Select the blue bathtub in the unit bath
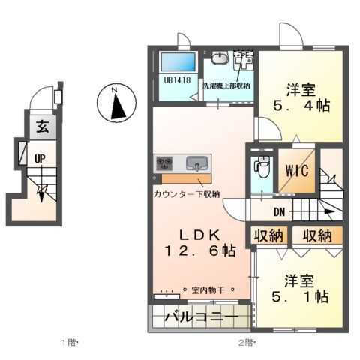pyautogui.click(x=177, y=62)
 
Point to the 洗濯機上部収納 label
pyautogui.click(x=226, y=85)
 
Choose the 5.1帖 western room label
pyautogui.click(x=304, y=289)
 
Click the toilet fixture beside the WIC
pyautogui.click(x=261, y=166)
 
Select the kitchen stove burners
pyautogui.click(x=165, y=163)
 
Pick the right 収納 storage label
pyautogui.click(x=317, y=236)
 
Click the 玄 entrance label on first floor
pyautogui.click(x=42, y=127)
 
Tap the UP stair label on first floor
pyautogui.click(x=39, y=158)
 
